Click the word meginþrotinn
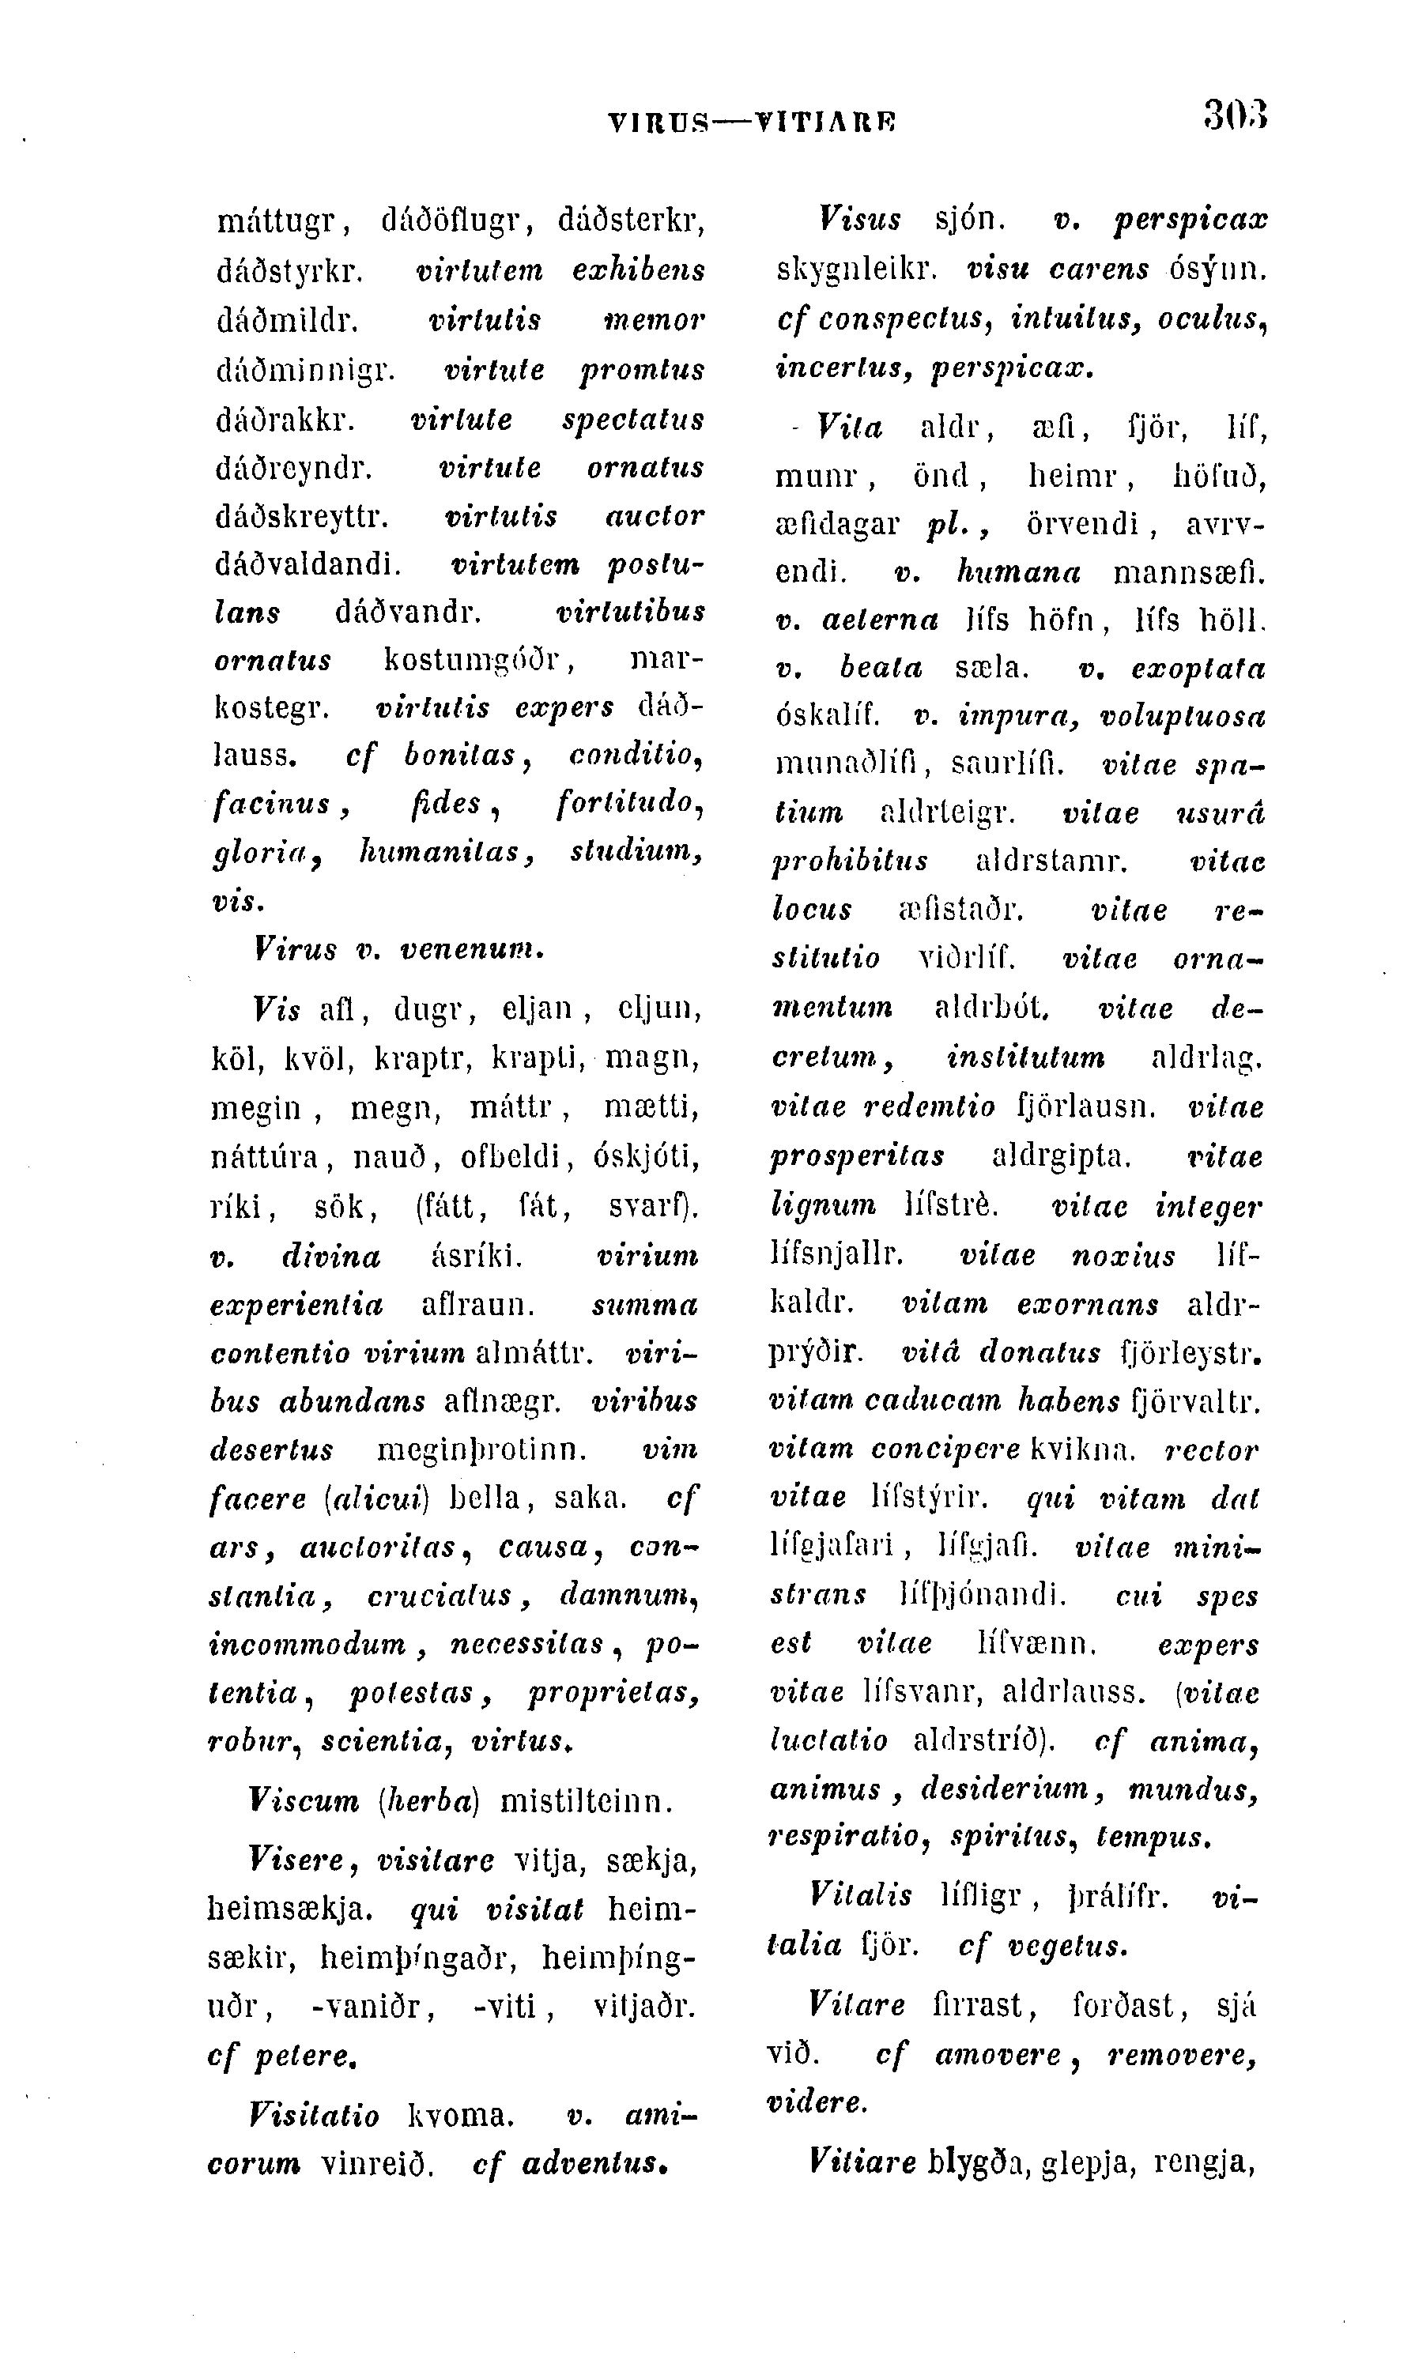(x=481, y=1450)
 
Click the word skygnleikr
(x=856, y=269)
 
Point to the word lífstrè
(x=951, y=1206)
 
